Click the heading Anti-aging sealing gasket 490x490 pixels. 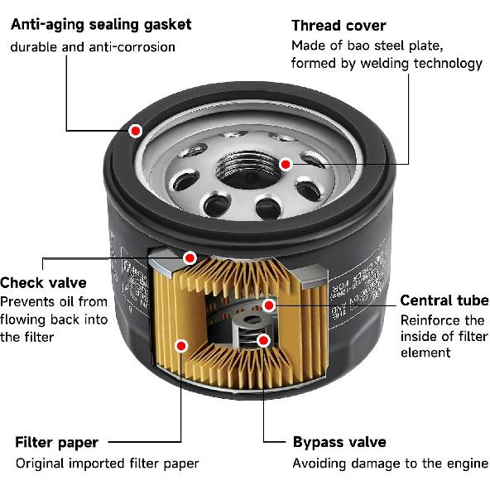coord(100,24)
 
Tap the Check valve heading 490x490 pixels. coord(43,283)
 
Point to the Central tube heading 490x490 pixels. coord(444,300)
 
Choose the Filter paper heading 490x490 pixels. coord(56,442)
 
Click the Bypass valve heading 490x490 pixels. coord(339,442)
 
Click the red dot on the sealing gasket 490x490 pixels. coord(136,130)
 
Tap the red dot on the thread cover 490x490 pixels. coord(285,164)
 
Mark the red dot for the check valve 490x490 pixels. coord(190,258)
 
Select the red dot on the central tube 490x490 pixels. coord(269,305)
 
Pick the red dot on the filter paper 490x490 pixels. coord(181,344)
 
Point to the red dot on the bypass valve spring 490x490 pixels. coord(263,339)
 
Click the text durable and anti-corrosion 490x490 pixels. coord(93,46)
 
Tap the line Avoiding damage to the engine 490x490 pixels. coord(390,464)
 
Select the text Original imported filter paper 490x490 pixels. coord(107,464)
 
